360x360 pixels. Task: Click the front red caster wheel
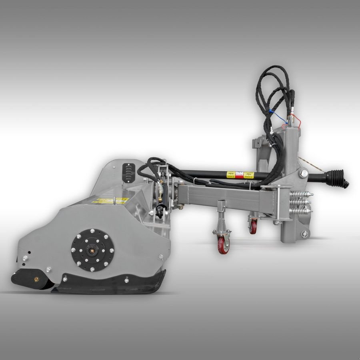coord(223,245)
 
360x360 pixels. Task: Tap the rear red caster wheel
coord(253,227)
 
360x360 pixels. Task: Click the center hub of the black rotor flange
coord(92,251)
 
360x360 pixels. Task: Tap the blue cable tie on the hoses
coord(274,113)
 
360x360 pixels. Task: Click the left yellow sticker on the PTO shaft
coord(231,174)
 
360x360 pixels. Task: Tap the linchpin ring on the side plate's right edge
coord(161,257)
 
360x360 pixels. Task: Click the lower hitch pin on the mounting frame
coord(305,234)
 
